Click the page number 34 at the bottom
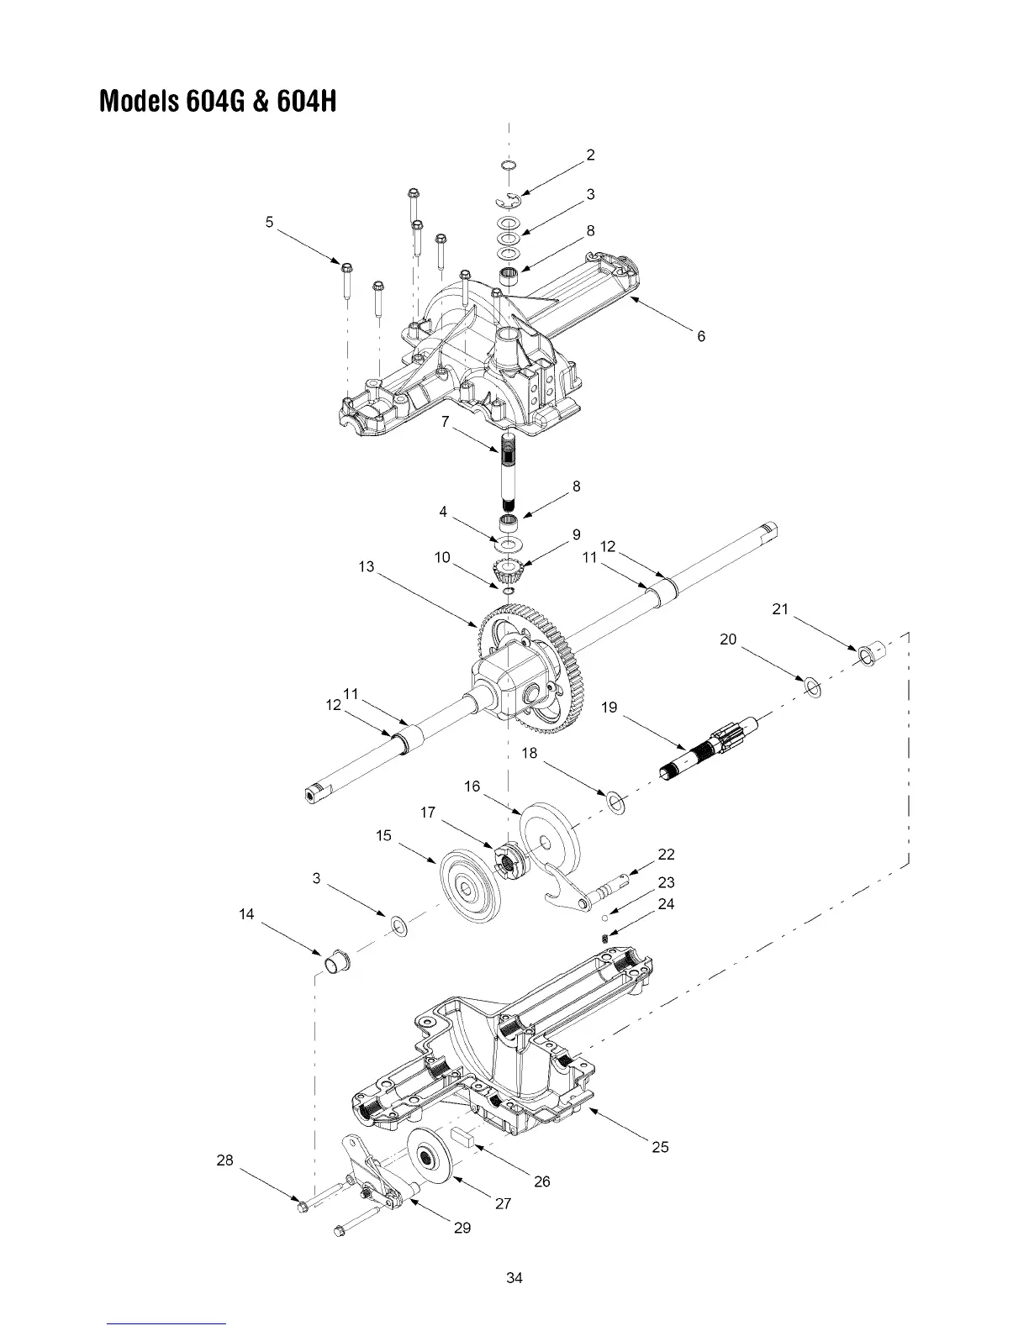coord(514,1278)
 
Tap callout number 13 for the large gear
coord(366,566)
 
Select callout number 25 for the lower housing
coord(661,1147)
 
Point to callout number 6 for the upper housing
coord(701,336)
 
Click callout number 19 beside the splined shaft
coord(609,708)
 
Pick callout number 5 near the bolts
coord(269,222)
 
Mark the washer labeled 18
coord(616,802)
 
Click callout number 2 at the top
coord(591,155)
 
